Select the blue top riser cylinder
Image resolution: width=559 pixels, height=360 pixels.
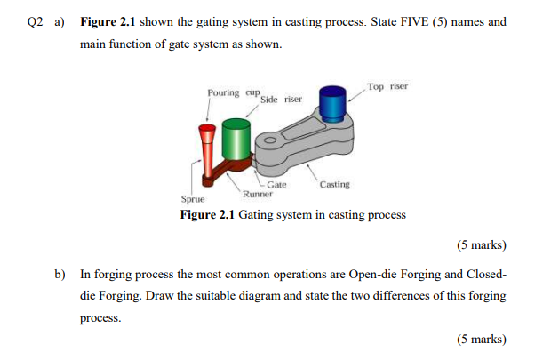(333, 104)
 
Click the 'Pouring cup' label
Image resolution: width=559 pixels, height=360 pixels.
(232, 92)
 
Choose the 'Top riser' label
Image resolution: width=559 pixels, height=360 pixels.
(387, 86)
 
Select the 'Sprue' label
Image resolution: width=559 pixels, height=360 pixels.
(193, 201)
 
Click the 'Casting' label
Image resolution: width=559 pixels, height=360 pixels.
(335, 185)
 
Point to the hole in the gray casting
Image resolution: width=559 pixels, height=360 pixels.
(268, 140)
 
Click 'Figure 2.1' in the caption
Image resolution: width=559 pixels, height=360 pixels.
(207, 215)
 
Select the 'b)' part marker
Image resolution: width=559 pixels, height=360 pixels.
(60, 275)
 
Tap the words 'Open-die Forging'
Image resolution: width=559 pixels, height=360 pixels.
(368, 275)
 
